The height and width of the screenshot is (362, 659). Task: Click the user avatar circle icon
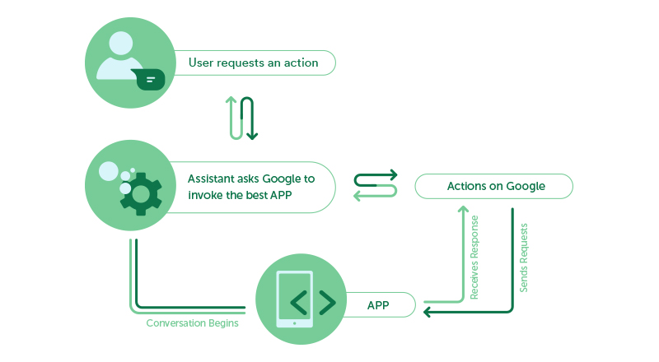126,64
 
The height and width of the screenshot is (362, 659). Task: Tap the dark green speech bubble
149,80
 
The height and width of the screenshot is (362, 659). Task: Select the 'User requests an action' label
253,63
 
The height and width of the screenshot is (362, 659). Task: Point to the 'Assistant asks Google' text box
250,186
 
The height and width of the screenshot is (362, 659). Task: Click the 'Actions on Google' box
494,186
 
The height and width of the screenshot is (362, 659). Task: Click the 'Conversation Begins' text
192,323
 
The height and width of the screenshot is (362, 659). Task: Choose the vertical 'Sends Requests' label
524,257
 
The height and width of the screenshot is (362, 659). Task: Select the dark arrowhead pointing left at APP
428,312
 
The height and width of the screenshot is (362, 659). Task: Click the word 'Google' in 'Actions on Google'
526,186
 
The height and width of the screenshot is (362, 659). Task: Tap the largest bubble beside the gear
108,171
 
